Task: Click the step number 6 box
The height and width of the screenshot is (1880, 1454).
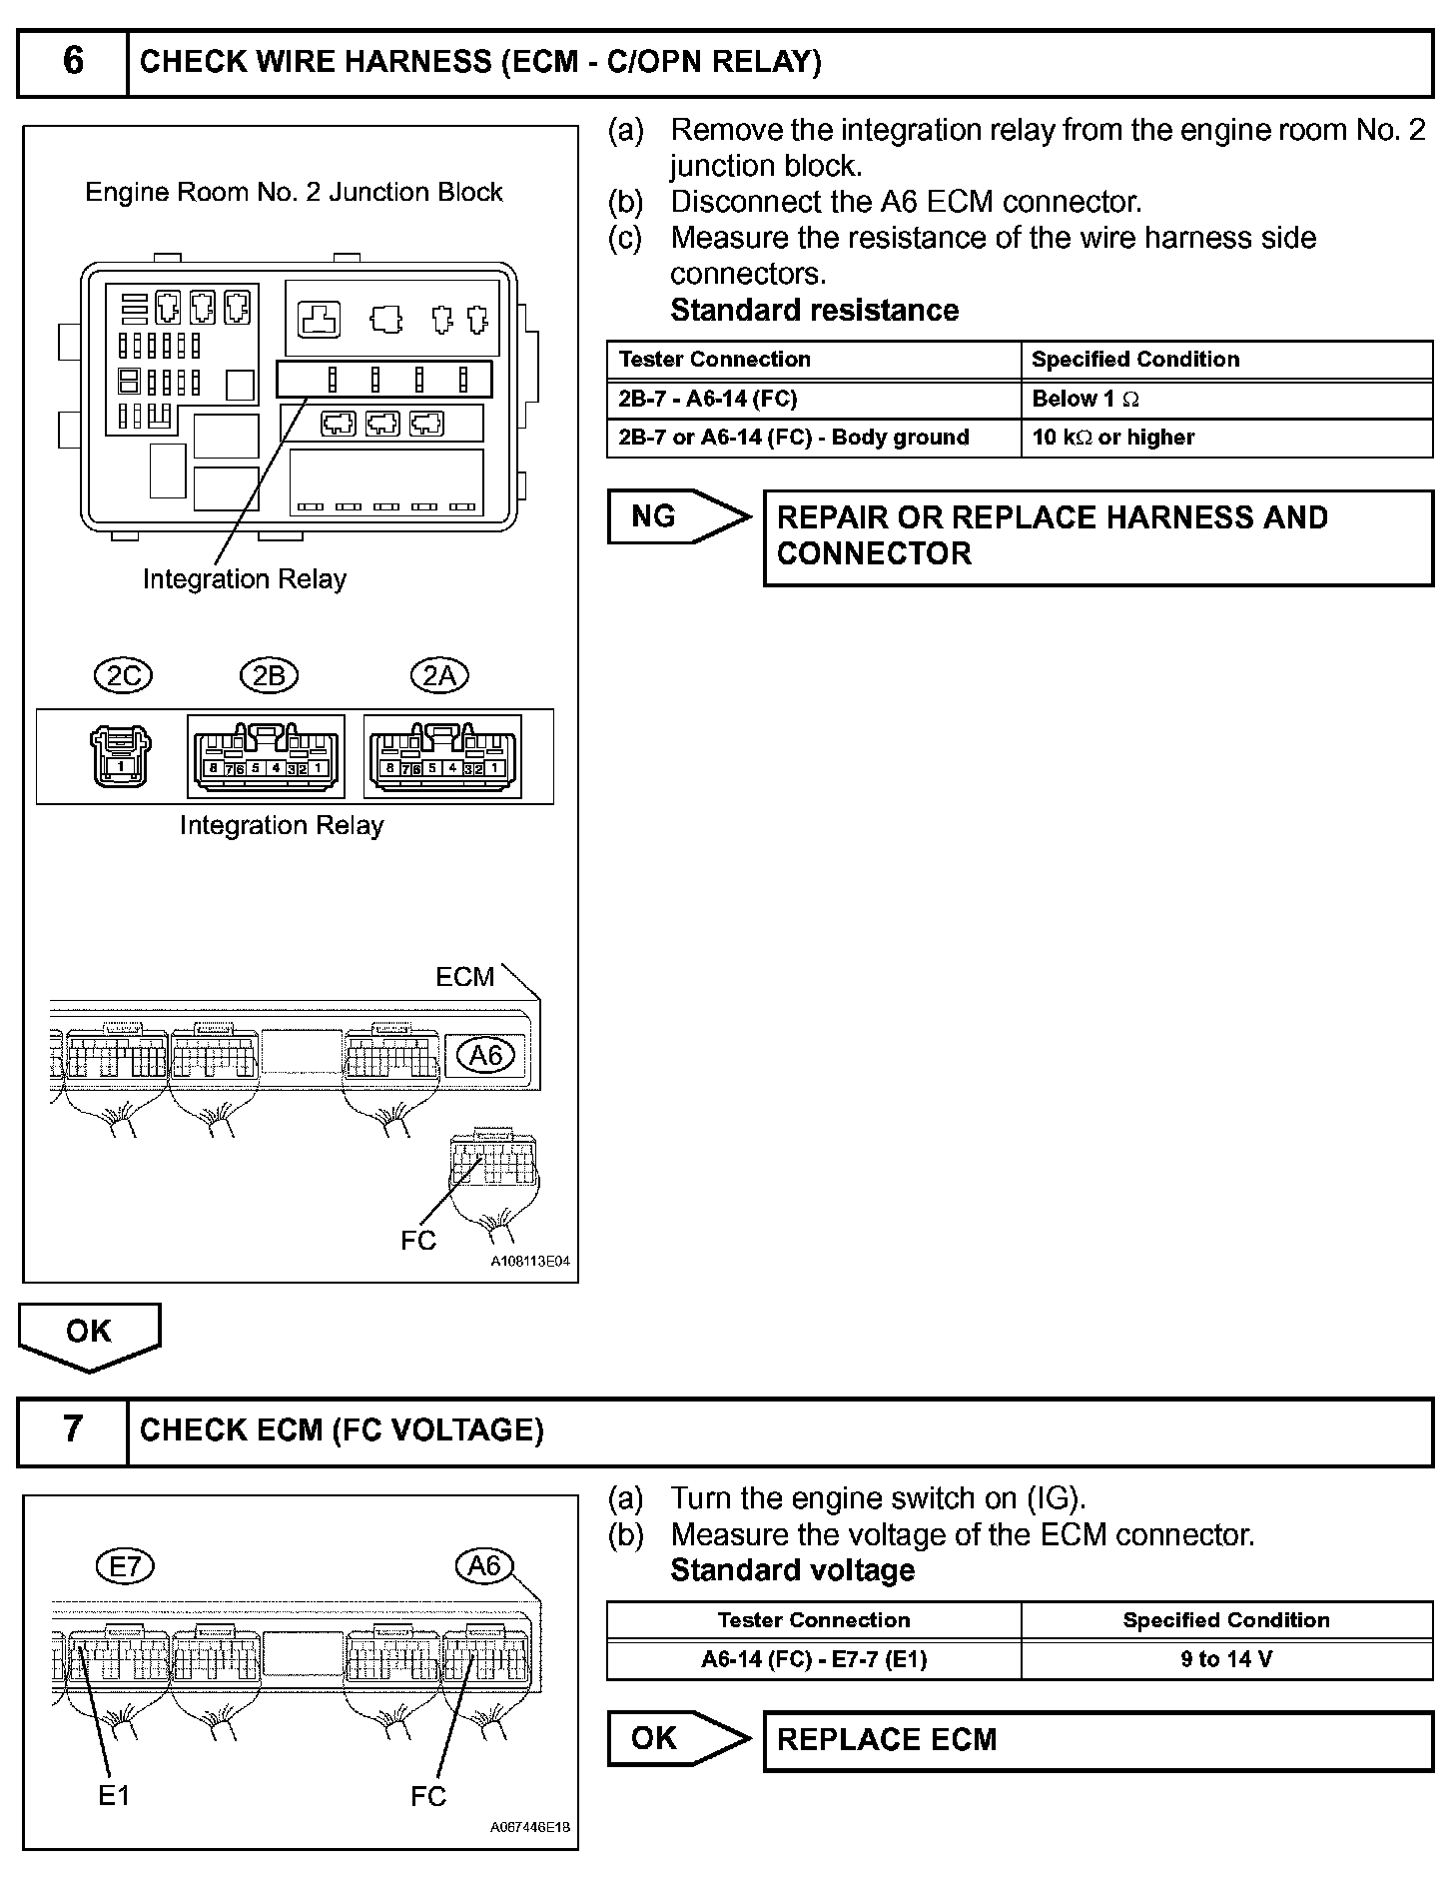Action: (x=73, y=61)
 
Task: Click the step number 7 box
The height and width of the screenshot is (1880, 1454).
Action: (x=73, y=1429)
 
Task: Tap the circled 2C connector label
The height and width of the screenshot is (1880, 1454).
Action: (x=123, y=676)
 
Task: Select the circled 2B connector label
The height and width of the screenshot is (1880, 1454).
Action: (x=269, y=676)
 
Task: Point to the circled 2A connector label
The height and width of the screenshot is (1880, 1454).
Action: (x=439, y=676)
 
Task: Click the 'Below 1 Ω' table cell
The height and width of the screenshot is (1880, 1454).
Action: (x=1225, y=399)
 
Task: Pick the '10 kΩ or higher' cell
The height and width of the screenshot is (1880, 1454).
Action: (x=1225, y=438)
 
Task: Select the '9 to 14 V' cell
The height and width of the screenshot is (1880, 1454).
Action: (x=1225, y=1659)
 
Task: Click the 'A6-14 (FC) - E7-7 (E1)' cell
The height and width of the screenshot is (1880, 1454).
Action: (x=814, y=1659)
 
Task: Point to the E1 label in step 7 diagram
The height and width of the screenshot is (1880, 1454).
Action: (x=114, y=1795)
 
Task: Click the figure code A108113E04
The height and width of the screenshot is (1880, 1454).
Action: (x=529, y=1262)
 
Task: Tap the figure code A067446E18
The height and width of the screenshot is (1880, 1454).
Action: (x=529, y=1827)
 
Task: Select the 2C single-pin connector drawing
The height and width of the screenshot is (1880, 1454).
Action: (x=121, y=756)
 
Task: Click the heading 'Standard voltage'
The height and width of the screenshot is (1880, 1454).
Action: (x=792, y=1570)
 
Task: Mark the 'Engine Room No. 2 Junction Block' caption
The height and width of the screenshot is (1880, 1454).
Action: (x=294, y=192)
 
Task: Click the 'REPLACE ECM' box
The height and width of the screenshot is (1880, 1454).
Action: (x=1097, y=1740)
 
